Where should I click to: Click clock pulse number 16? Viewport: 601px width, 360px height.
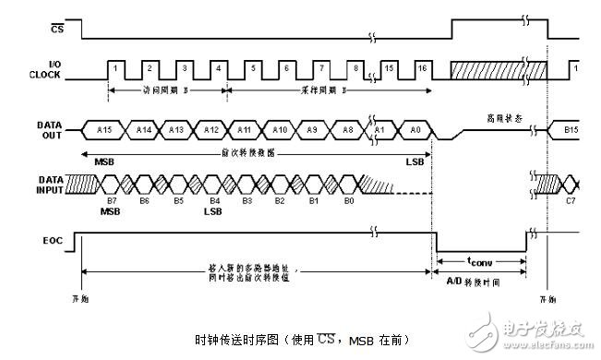click(422, 67)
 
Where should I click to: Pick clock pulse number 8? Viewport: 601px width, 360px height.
click(355, 67)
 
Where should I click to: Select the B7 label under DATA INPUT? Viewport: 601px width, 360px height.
click(112, 199)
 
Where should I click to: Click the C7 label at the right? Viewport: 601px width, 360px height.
click(571, 199)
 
